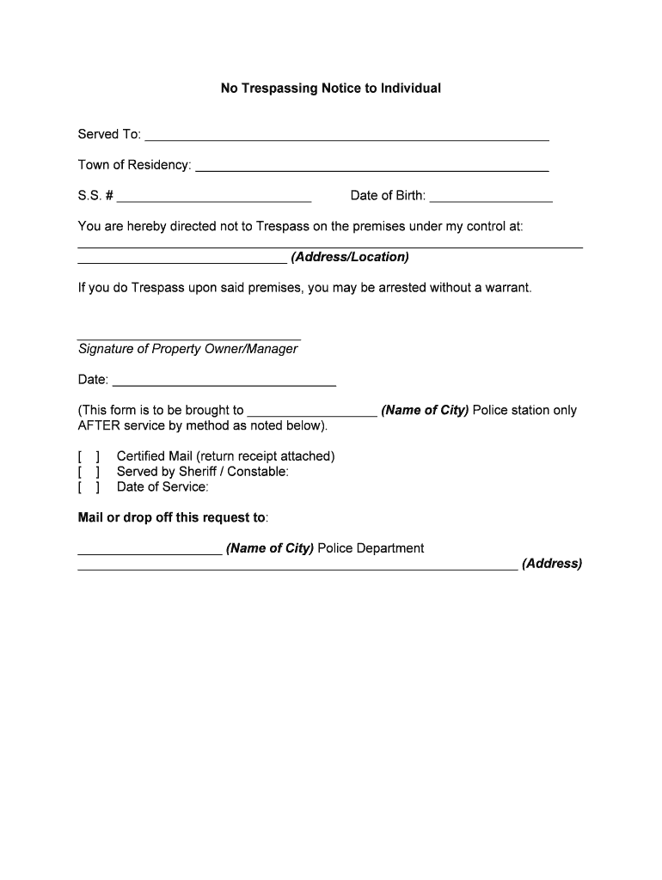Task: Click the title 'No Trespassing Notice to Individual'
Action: [x=331, y=89]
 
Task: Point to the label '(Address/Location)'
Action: [x=350, y=257]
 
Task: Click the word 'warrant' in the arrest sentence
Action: [x=508, y=288]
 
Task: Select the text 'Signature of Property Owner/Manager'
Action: [x=187, y=349]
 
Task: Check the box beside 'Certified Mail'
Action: [x=89, y=456]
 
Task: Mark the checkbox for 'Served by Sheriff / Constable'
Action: [x=89, y=472]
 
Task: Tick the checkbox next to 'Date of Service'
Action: [x=89, y=487]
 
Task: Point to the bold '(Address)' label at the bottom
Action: [x=551, y=565]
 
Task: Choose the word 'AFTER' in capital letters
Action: [x=99, y=426]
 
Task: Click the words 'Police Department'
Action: [x=371, y=548]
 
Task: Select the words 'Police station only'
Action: [x=524, y=411]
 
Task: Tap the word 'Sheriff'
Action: [x=199, y=472]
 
